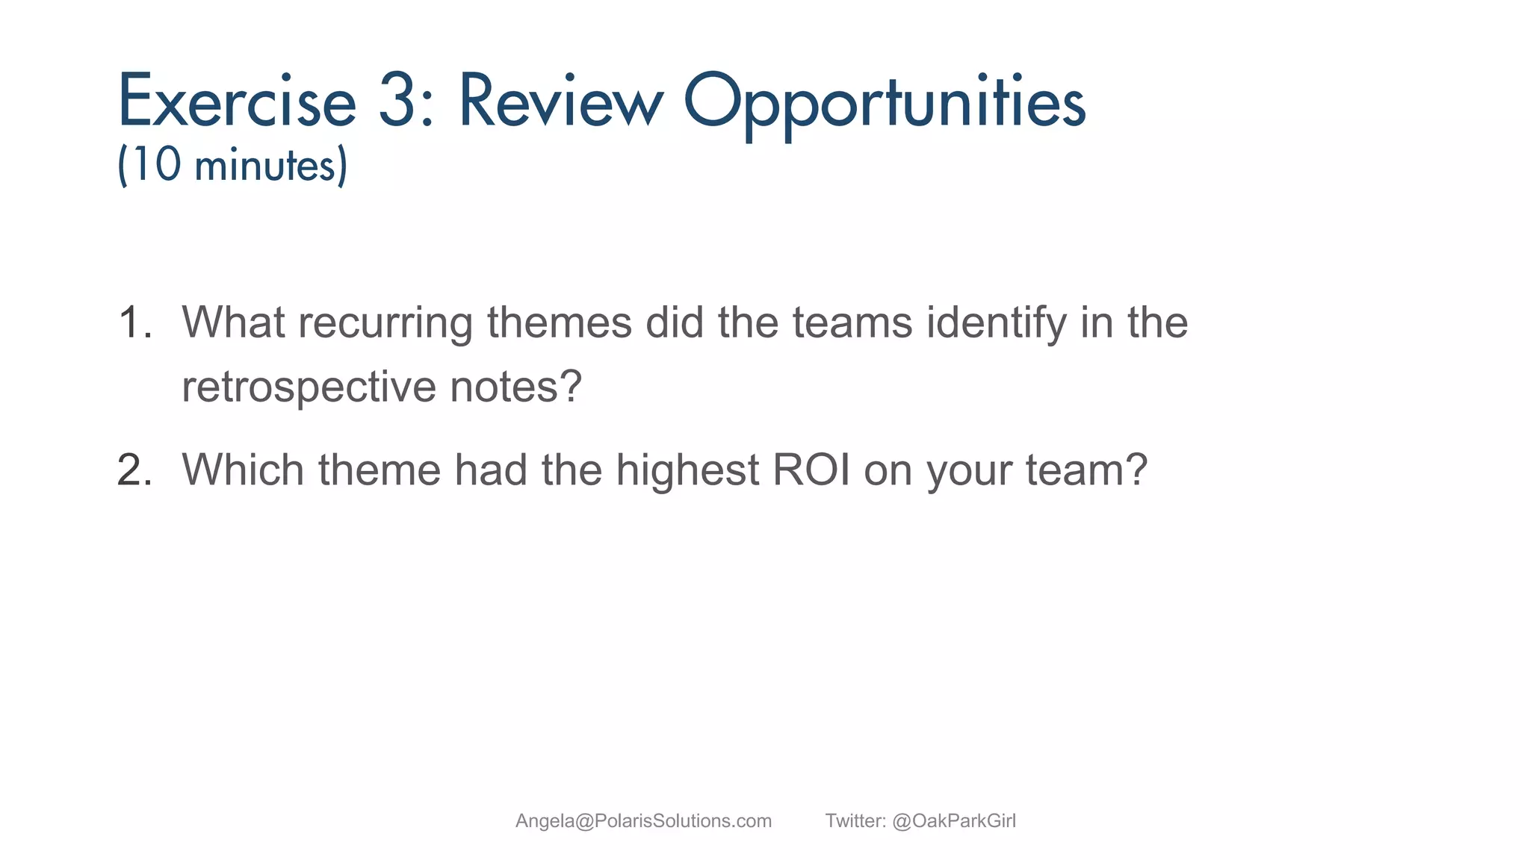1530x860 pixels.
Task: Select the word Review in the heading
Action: click(560, 102)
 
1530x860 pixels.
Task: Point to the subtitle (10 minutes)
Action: click(232, 165)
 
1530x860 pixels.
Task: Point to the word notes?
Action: click(515, 387)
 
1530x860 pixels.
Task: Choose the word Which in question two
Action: click(243, 470)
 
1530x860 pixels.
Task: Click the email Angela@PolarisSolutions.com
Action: click(643, 821)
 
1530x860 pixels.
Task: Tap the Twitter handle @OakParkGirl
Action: click(954, 821)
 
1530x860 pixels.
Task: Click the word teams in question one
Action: click(852, 323)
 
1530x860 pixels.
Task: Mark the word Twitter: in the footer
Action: click(855, 821)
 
